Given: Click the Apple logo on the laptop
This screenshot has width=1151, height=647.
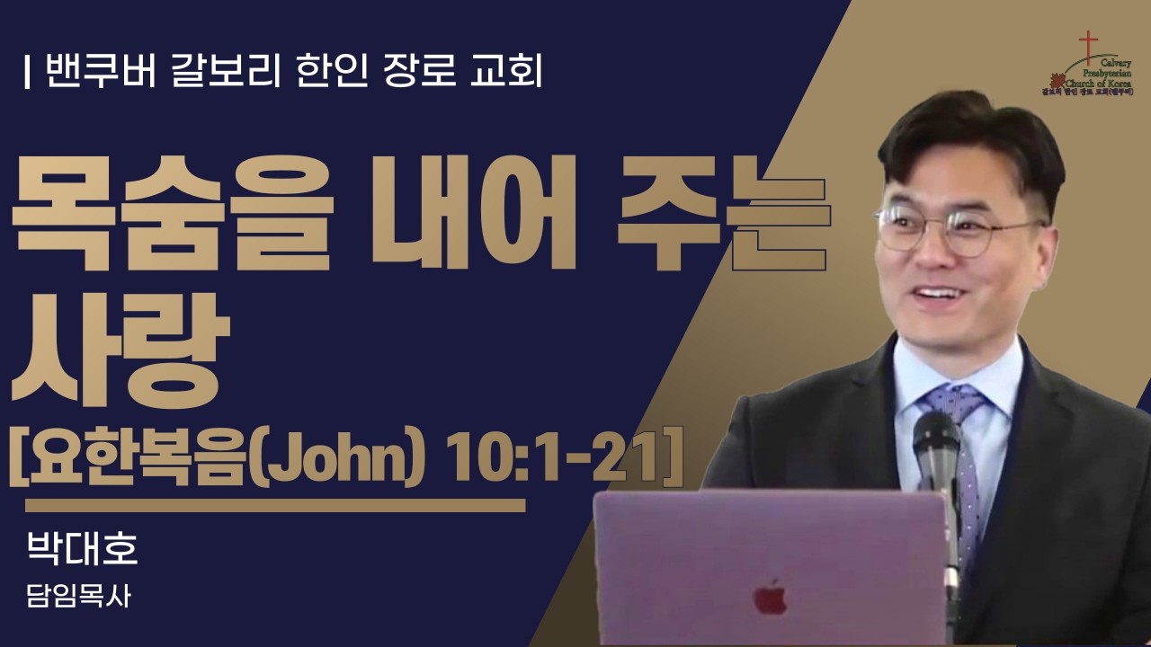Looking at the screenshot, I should [770, 598].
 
